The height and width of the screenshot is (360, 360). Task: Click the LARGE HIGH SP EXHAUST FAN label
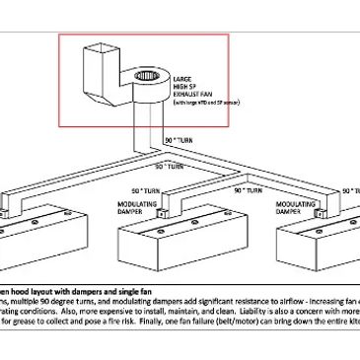click(188, 85)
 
